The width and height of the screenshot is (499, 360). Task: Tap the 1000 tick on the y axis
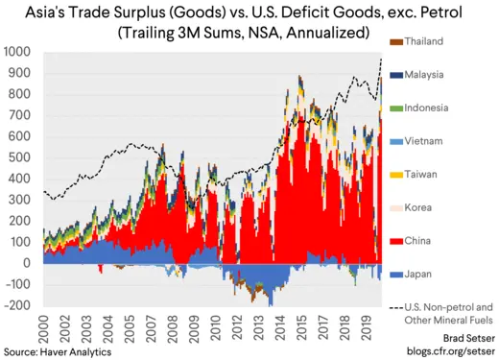click(17, 50)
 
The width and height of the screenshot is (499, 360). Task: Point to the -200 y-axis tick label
click(16, 305)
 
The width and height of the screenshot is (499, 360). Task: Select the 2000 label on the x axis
click(42, 328)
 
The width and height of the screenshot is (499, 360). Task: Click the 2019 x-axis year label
click(368, 328)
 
